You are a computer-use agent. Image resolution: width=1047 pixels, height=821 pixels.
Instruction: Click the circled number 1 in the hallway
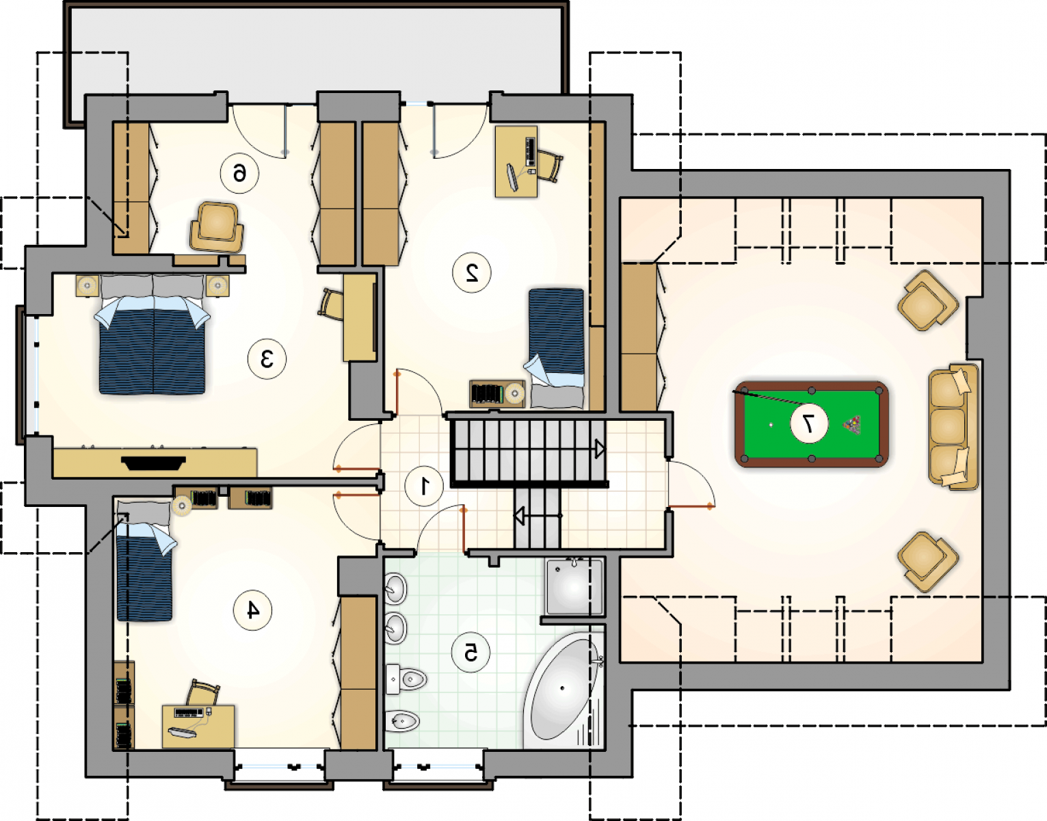(424, 486)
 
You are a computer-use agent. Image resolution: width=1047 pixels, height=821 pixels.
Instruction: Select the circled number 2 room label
(472, 273)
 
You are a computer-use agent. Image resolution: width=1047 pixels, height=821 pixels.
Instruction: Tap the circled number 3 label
(267, 359)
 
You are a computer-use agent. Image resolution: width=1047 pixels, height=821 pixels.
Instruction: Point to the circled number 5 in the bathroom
(471, 653)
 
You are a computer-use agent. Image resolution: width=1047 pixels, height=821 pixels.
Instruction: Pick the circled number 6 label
(239, 173)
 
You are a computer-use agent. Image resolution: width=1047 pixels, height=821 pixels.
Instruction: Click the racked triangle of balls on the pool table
(852, 424)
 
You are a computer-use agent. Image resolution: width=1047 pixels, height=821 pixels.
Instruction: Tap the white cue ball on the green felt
(771, 424)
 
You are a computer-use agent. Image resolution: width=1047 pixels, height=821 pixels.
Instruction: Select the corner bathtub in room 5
(564, 690)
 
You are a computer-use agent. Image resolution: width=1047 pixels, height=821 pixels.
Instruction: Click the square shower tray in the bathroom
(574, 587)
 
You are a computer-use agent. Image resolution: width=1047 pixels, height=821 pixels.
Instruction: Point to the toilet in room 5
(406, 679)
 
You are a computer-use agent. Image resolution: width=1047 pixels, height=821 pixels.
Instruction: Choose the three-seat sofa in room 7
(953, 427)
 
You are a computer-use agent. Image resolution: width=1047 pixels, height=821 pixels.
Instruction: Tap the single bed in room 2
(556, 348)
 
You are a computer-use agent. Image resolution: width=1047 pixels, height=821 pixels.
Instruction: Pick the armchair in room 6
(217, 227)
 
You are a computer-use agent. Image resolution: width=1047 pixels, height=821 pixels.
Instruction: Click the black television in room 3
(153, 463)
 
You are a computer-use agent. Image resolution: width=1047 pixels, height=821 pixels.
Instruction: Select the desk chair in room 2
(549, 166)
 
